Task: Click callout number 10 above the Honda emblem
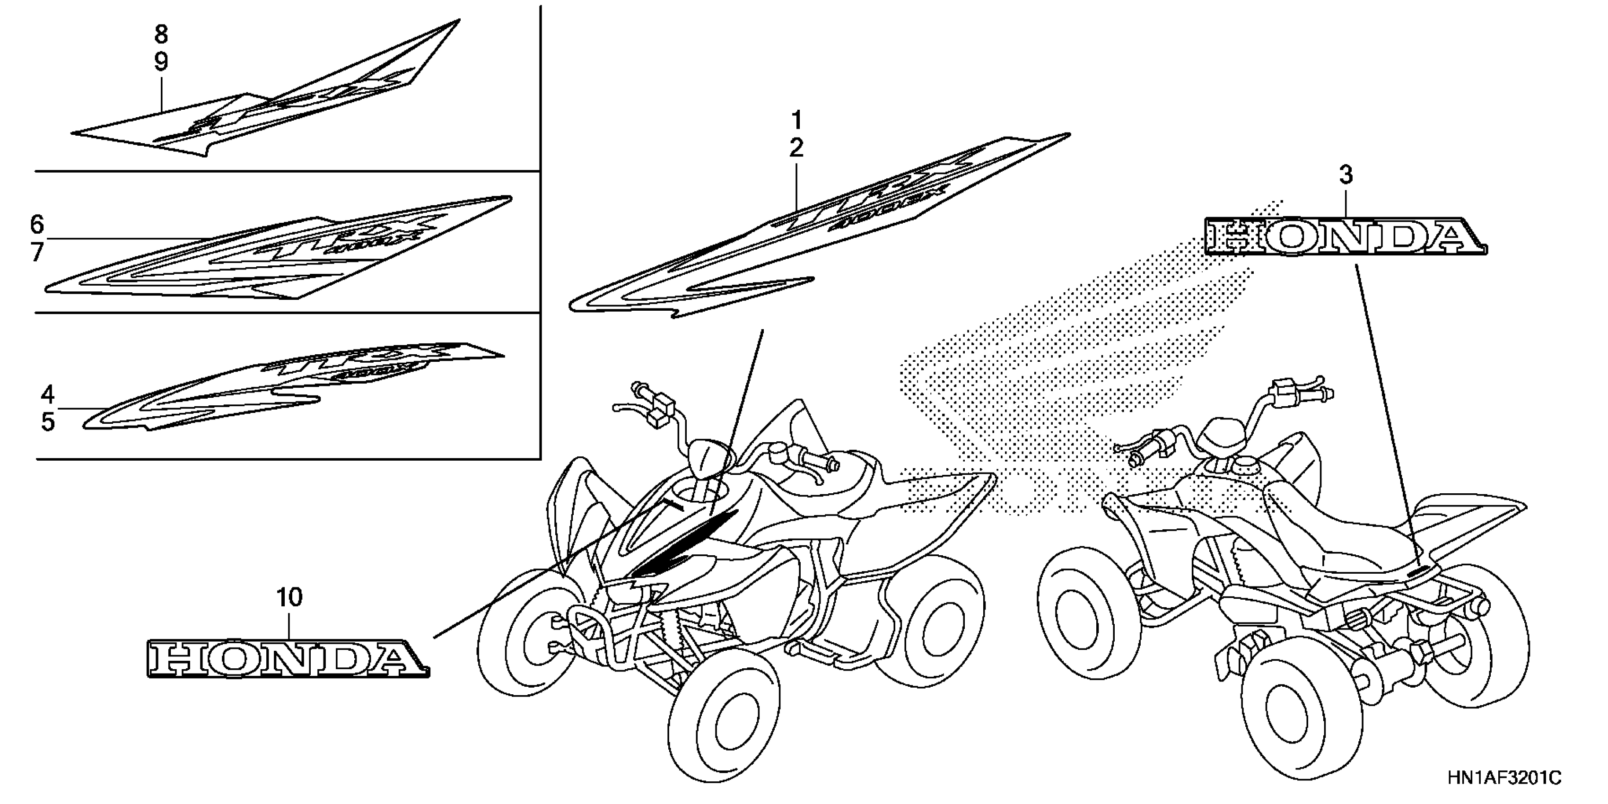pyautogui.click(x=289, y=597)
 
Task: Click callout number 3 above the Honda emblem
pyautogui.click(x=1346, y=175)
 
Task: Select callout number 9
pyautogui.click(x=161, y=62)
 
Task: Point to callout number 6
pyautogui.click(x=37, y=224)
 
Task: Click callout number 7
pyautogui.click(x=37, y=253)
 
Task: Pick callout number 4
pyautogui.click(x=48, y=394)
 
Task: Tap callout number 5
pyautogui.click(x=48, y=423)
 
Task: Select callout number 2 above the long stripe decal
pyautogui.click(x=796, y=148)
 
